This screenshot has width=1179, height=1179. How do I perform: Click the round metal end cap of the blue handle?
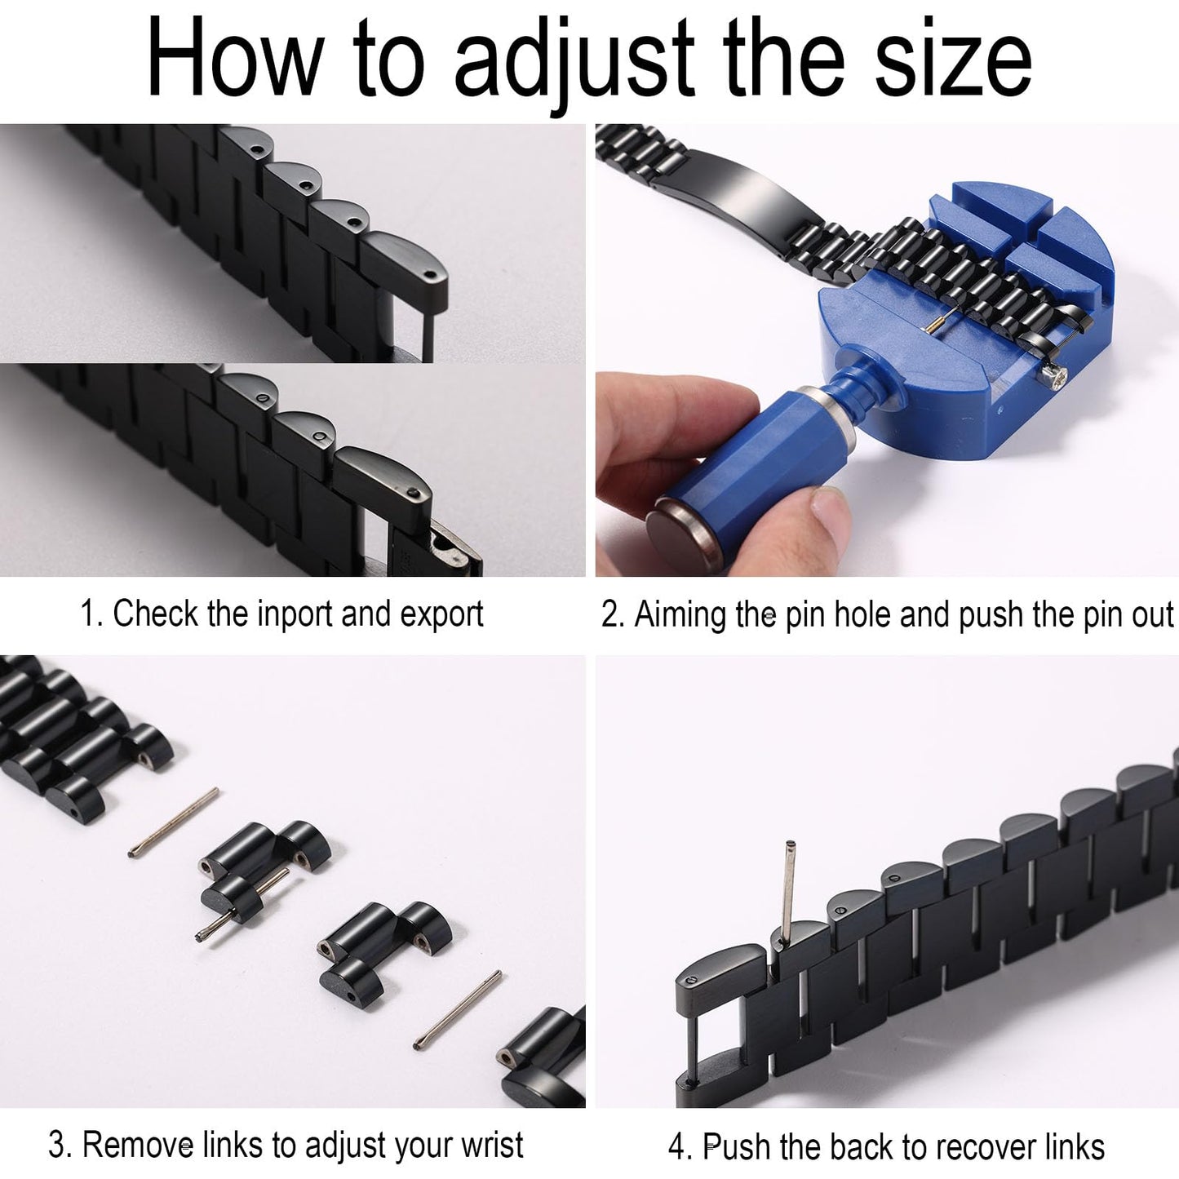[680, 532]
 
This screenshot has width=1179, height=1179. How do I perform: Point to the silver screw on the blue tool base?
[1057, 375]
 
